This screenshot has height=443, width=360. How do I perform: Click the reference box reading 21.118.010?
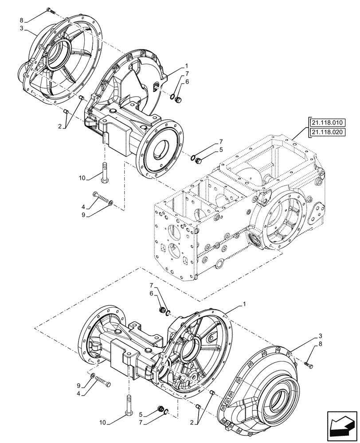coord(327,123)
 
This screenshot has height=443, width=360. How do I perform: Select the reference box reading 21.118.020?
coord(327,132)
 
